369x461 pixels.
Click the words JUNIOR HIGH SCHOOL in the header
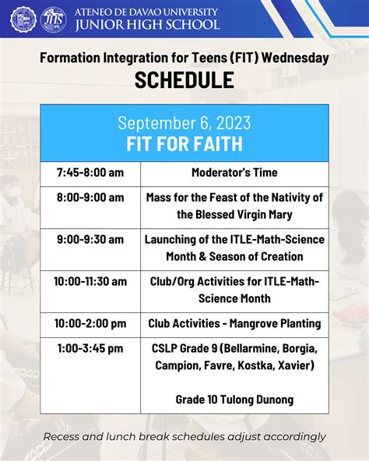[147, 25]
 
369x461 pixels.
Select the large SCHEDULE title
[184, 79]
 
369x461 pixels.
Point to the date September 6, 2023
[184, 122]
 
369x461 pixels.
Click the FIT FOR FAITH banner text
[184, 143]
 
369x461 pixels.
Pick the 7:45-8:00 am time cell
[90, 172]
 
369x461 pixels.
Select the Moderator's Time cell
[234, 172]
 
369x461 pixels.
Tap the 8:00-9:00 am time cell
[90, 198]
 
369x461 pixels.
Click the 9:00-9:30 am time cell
[90, 240]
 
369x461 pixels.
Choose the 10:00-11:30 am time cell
[90, 282]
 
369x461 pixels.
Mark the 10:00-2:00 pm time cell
[90, 323]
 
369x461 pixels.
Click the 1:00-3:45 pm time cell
[90, 349]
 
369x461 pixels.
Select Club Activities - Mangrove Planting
[234, 323]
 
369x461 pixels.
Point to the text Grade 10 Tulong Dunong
[234, 399]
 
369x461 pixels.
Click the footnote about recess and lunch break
[184, 437]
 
